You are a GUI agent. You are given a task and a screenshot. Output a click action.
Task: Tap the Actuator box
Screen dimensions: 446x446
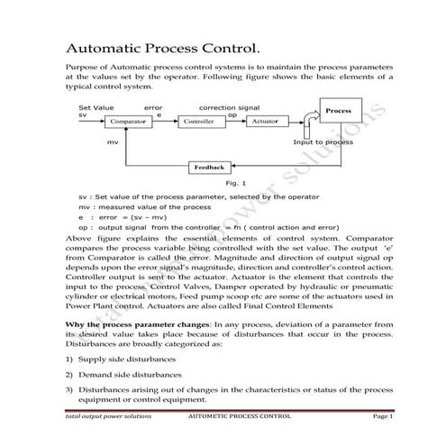(x=264, y=121)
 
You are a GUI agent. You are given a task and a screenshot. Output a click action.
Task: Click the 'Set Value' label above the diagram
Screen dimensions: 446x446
(x=96, y=106)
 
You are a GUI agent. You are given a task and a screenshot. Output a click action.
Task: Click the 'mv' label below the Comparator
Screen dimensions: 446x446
(x=113, y=142)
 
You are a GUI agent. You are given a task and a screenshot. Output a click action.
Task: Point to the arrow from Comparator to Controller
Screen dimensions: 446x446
(x=166, y=121)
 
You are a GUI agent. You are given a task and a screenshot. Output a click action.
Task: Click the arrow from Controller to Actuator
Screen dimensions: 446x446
(x=232, y=121)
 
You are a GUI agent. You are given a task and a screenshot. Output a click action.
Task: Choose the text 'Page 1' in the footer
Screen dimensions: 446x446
(x=383, y=418)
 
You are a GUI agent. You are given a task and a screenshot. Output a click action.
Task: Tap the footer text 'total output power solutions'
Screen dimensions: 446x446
(x=109, y=418)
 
